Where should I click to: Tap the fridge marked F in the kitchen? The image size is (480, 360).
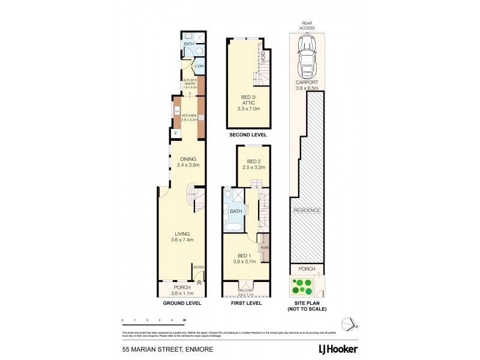pyautogui.click(x=176, y=133)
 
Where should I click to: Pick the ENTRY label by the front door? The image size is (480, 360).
pyautogui.click(x=198, y=267)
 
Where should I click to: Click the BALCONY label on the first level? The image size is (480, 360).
pyautogui.click(x=246, y=290)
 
